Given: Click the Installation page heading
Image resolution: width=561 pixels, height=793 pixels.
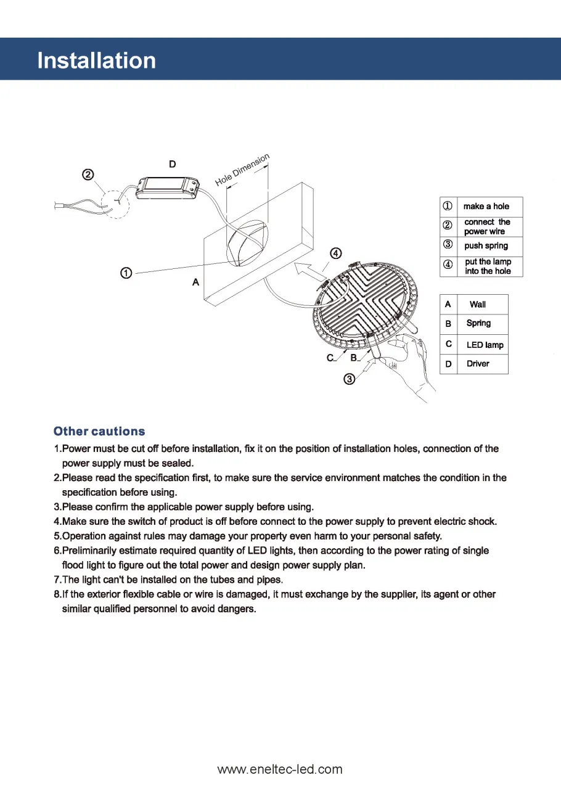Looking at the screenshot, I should click(x=97, y=60).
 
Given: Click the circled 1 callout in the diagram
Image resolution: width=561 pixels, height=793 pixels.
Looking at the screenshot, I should click(x=125, y=273).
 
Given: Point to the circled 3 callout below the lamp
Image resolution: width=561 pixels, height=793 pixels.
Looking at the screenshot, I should click(x=349, y=379).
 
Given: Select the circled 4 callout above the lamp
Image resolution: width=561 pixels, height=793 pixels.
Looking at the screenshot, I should click(x=335, y=253).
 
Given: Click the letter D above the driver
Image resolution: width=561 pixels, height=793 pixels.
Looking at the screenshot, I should click(x=172, y=164).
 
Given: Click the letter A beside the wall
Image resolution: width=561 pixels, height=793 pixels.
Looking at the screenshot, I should click(x=195, y=282).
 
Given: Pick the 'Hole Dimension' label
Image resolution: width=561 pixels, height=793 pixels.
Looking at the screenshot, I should click(x=243, y=170).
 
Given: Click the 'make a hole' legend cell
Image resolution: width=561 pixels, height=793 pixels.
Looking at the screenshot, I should click(x=486, y=207).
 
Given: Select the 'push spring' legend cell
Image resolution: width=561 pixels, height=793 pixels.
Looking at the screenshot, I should click(x=486, y=245).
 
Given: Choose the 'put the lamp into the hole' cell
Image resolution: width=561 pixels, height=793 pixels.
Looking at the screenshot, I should click(x=488, y=266).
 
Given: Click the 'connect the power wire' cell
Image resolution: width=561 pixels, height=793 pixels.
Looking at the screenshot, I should click(x=487, y=226).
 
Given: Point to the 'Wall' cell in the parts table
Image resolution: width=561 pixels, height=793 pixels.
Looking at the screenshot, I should click(x=478, y=305).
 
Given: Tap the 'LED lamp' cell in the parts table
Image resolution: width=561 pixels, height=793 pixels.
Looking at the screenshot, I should click(x=485, y=345).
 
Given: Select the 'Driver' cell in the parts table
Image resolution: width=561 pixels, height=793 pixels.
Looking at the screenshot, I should click(x=478, y=364).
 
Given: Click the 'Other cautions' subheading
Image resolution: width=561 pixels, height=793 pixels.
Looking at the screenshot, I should click(x=100, y=431).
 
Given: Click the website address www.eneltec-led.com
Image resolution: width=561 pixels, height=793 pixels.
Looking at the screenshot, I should click(x=280, y=769).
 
